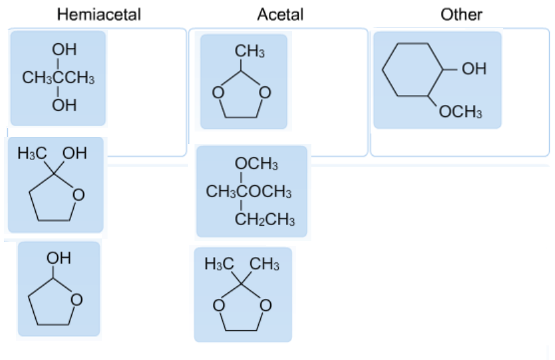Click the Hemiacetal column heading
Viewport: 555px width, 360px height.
[99, 14]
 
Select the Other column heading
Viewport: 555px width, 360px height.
[461, 14]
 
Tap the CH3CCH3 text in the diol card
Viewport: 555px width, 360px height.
[58, 78]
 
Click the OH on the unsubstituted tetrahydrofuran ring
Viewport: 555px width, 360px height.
[59, 258]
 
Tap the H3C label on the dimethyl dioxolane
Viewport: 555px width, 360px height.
[220, 265]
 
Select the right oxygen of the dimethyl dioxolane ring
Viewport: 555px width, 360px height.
[266, 306]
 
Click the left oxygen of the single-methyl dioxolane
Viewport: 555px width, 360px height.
[216, 93]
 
